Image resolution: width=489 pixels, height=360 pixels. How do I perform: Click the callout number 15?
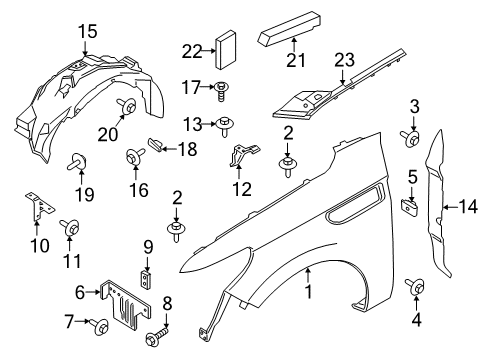[x=89, y=31]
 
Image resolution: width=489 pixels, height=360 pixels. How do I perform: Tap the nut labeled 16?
[x=133, y=156]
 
